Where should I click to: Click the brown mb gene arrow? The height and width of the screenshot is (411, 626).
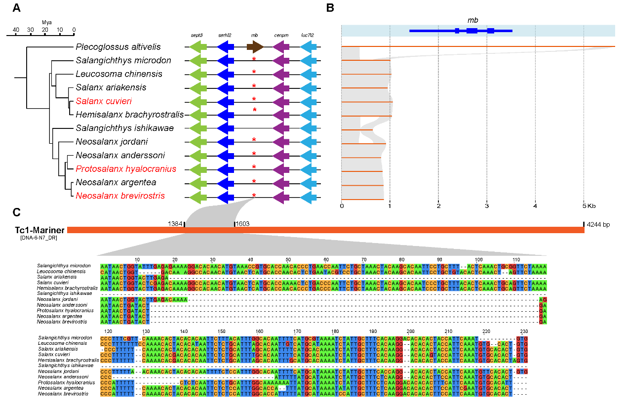255,47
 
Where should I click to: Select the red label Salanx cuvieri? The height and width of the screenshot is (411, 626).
100,101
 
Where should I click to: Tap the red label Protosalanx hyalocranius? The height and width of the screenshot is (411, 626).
126,168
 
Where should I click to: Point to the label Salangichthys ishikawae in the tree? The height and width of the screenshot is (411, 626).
124,128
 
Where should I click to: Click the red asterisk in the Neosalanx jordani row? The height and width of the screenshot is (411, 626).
254,141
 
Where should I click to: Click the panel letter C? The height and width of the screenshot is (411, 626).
17,212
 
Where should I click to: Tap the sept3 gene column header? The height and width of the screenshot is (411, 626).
198,36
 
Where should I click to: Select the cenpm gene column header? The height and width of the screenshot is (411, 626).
281,36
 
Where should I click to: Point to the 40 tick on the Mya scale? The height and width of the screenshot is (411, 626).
16,30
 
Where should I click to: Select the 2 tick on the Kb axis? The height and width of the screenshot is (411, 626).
438,205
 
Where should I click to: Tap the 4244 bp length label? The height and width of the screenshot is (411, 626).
598,225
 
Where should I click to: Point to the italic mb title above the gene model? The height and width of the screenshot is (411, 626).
472,20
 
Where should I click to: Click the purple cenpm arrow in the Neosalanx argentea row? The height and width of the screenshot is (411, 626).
281,183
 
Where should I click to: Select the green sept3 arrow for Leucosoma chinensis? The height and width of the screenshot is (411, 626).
198,74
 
